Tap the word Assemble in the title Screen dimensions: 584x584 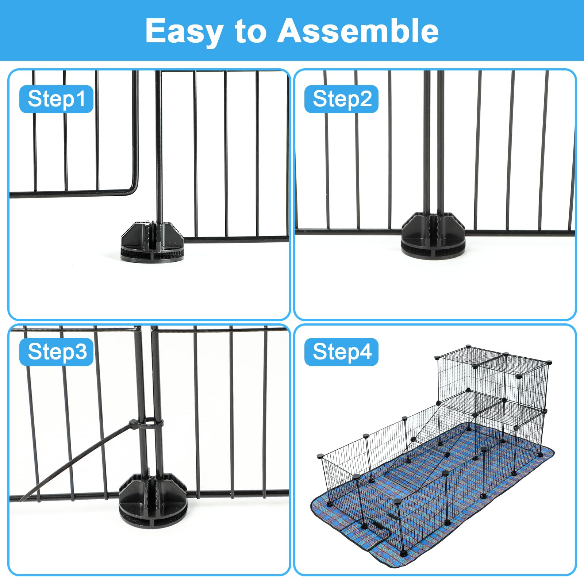click(358, 31)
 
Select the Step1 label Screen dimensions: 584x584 click(57, 99)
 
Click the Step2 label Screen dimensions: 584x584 click(342, 99)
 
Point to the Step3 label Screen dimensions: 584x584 click(57, 352)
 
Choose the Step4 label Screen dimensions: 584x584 click(342, 352)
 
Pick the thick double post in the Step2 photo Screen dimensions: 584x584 click(434, 146)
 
